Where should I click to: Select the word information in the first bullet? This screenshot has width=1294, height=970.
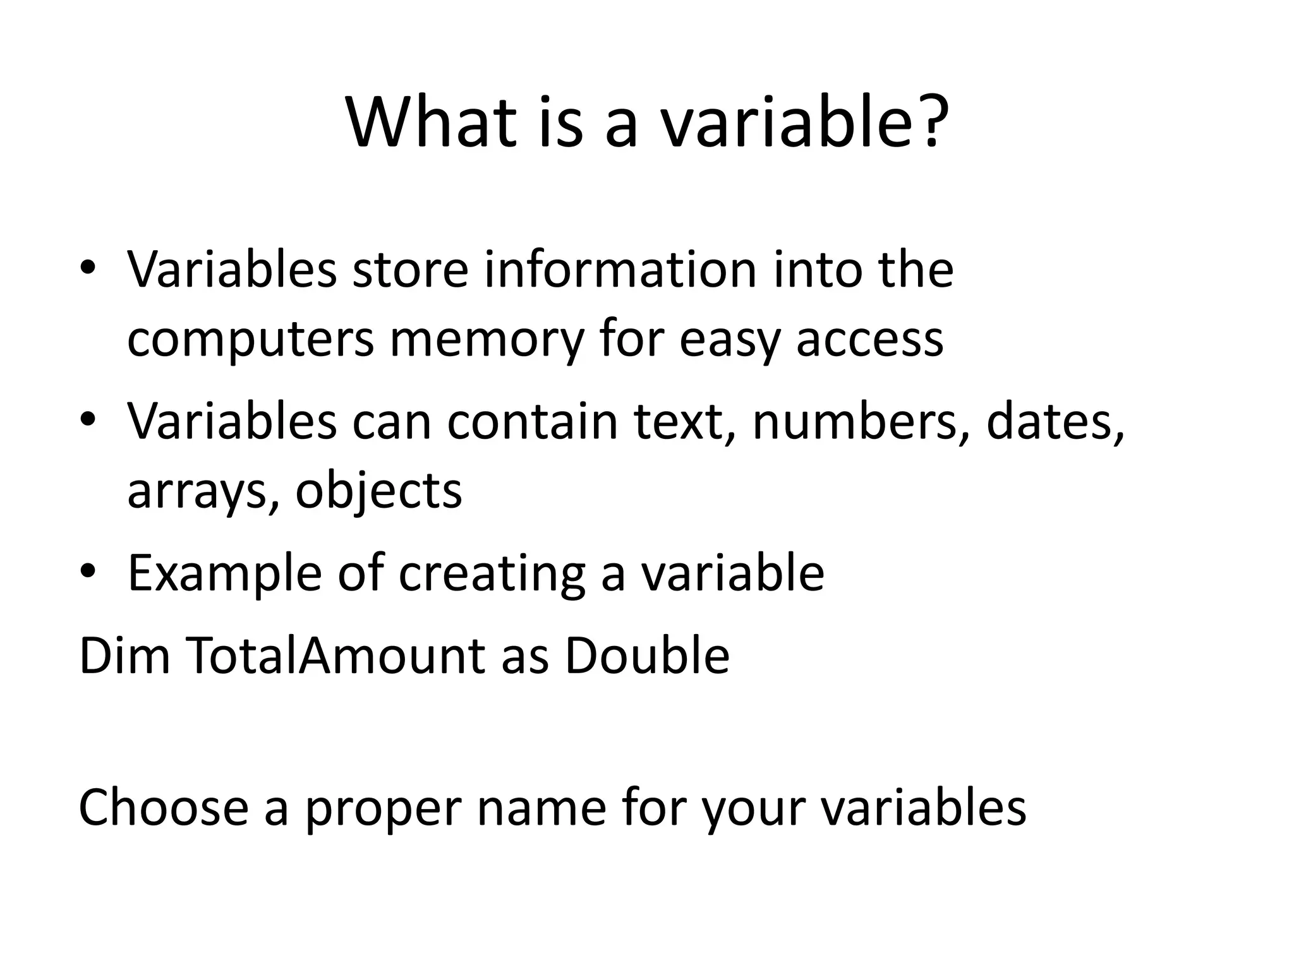pos(620,270)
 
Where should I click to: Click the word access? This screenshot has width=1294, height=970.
pos(869,340)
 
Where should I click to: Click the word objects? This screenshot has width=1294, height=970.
pos(378,491)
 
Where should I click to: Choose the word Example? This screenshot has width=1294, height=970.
pos(225,573)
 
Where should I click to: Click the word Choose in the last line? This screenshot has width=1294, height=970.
pos(164,808)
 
